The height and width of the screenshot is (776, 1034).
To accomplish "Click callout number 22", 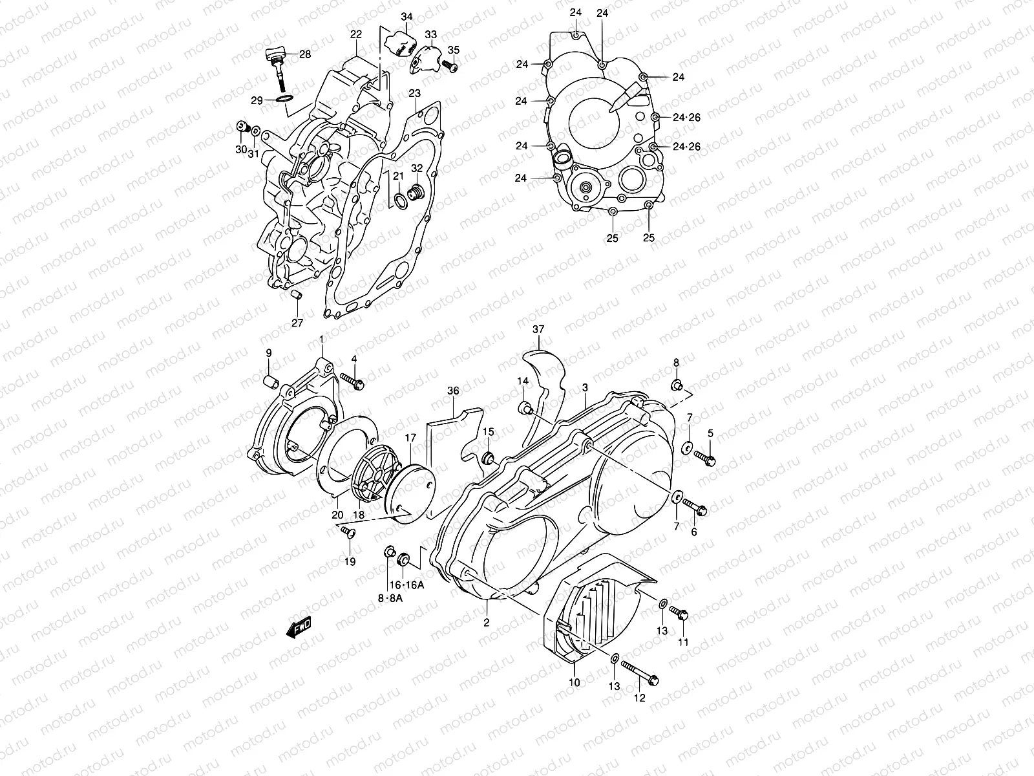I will (x=356, y=34).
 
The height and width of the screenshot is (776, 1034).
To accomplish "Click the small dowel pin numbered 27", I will (x=296, y=297).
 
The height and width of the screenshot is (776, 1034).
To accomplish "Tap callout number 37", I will (x=539, y=330).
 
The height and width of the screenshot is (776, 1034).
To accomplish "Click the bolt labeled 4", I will (x=352, y=382).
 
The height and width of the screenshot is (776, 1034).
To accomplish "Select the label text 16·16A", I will (x=406, y=585).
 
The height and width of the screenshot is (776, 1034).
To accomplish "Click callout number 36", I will (x=453, y=391).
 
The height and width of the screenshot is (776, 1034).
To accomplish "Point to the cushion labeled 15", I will (x=489, y=458).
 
